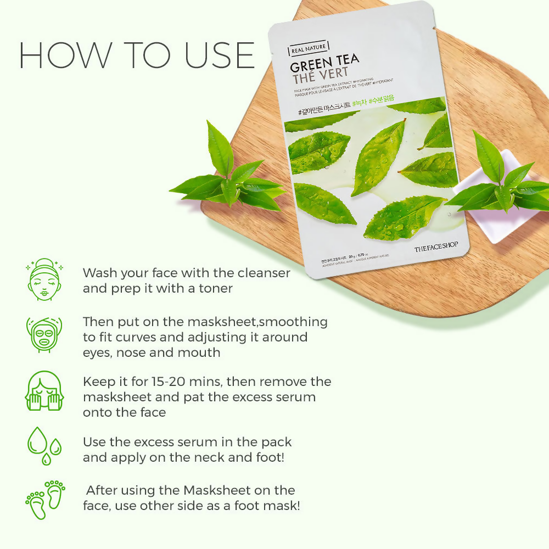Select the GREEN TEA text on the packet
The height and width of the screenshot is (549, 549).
point(324,66)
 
